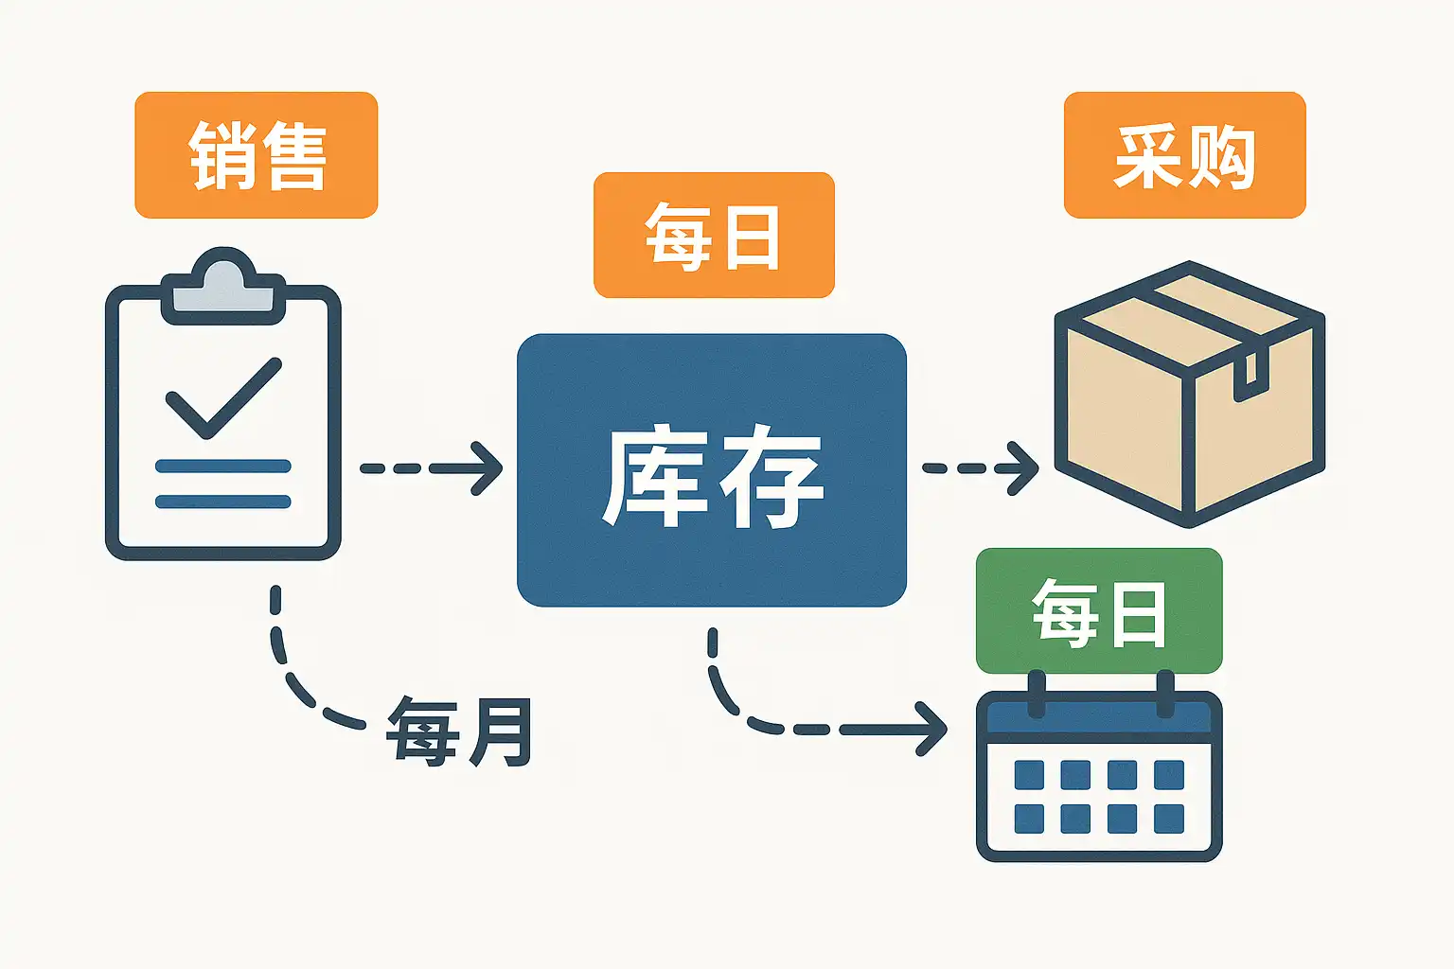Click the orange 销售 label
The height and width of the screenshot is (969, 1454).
pyautogui.click(x=257, y=155)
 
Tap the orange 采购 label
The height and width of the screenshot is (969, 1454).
pyautogui.click(x=1184, y=155)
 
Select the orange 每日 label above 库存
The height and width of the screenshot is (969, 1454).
pyautogui.click(x=714, y=235)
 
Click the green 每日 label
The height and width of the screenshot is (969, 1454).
pyautogui.click(x=1099, y=610)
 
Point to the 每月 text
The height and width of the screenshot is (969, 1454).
pyautogui.click(x=459, y=731)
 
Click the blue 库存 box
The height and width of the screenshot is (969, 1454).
pyautogui.click(x=712, y=470)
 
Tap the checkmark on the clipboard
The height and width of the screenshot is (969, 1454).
pyautogui.click(x=224, y=397)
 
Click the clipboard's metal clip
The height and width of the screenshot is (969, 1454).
pyautogui.click(x=223, y=286)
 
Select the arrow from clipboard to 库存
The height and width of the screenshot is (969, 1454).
pyautogui.click(x=432, y=468)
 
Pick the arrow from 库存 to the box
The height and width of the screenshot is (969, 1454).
pyautogui.click(x=981, y=468)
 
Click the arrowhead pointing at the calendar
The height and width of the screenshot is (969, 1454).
pyautogui.click(x=931, y=730)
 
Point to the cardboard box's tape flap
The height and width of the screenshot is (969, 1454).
pyautogui.click(x=1250, y=375)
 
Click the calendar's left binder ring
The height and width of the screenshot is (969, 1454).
pyautogui.click(x=1037, y=694)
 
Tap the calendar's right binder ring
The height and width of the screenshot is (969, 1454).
pyautogui.click(x=1165, y=694)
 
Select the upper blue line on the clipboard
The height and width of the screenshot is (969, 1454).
pyautogui.click(x=223, y=466)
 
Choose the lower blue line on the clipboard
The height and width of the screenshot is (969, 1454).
pyautogui.click(x=223, y=501)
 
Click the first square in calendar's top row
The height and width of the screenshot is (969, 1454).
pyautogui.click(x=1029, y=775)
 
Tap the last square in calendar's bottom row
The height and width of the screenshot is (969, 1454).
pyautogui.click(x=1169, y=819)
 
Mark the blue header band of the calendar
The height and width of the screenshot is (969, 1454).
pyautogui.click(x=1099, y=717)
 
